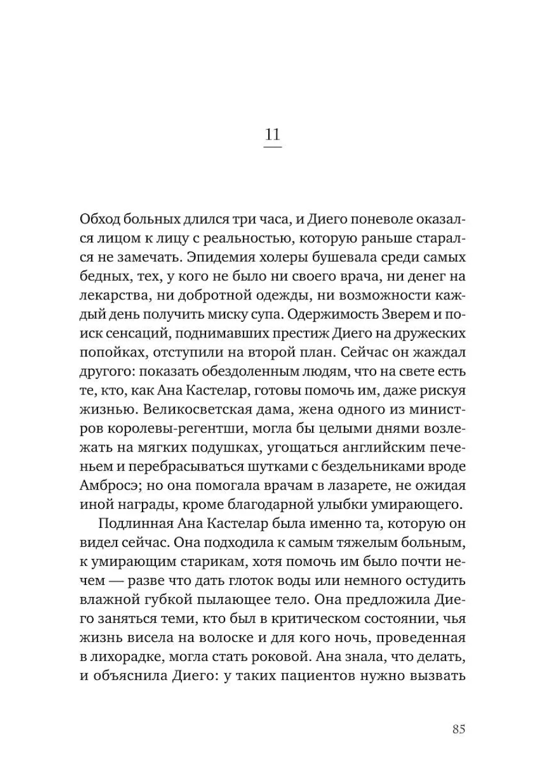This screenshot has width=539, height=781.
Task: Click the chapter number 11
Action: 272,134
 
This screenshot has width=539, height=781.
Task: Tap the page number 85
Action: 459,729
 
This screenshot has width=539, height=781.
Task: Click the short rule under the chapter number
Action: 272,148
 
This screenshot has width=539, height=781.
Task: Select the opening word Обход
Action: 99,219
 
